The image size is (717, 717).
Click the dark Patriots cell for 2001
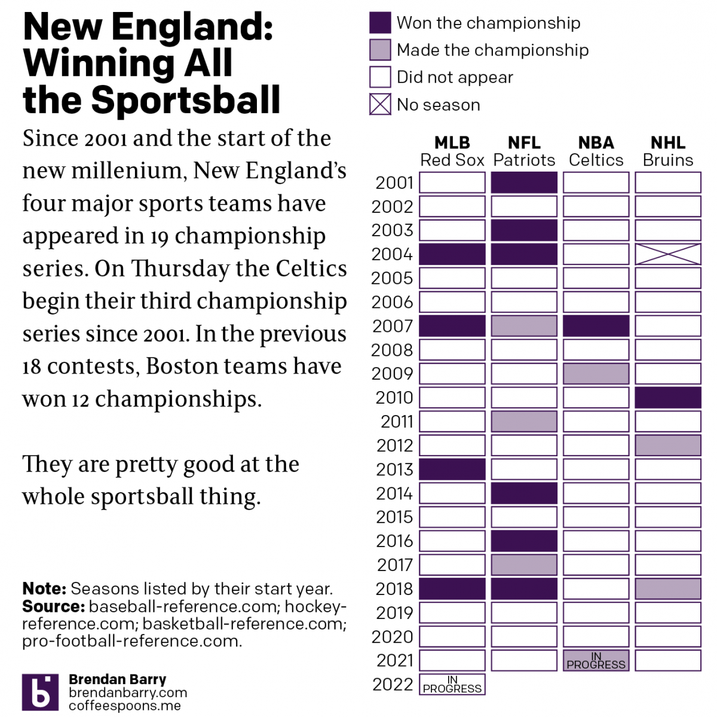[x=524, y=182]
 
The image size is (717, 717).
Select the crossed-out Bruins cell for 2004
[x=667, y=254]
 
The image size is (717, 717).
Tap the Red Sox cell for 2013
[x=452, y=469]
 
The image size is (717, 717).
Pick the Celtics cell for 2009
[x=596, y=374]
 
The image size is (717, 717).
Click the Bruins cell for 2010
[x=667, y=398]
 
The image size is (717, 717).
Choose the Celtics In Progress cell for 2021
[x=596, y=661]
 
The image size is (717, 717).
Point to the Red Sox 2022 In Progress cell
[x=452, y=685]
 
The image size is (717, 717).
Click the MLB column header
[x=452, y=143]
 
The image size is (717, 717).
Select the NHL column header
[x=667, y=143]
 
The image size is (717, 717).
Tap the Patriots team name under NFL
[x=524, y=160]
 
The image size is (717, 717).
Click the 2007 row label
[x=393, y=326]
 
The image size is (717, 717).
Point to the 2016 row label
[x=394, y=541]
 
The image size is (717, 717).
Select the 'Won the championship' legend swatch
[x=380, y=23]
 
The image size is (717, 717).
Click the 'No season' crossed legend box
[x=380, y=105]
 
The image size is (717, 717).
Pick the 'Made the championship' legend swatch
[x=380, y=50]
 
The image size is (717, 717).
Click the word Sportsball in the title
[x=186, y=100]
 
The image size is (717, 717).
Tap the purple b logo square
[x=40, y=692]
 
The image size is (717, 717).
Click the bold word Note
[x=44, y=589]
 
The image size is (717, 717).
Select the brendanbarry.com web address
[x=128, y=692]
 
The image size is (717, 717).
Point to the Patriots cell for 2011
[x=524, y=422]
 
